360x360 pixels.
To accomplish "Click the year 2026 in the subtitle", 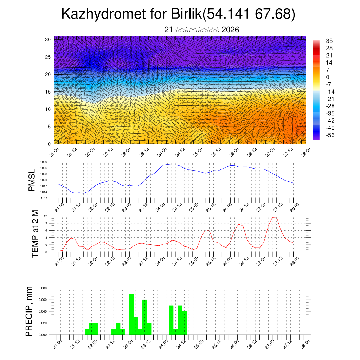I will [x=230, y=30].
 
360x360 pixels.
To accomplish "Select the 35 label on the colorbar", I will [x=329, y=41].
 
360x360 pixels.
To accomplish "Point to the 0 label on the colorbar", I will [x=328, y=77].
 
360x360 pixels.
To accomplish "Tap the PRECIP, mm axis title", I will [x=30, y=311].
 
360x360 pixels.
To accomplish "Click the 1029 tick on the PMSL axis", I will [x=44, y=162].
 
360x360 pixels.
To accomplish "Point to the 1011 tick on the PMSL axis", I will [x=44, y=198].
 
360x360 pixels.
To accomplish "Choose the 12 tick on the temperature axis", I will [x=46, y=216].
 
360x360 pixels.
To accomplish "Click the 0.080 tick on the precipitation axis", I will [x=43, y=288].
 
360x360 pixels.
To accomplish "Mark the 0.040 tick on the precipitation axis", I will [x=43, y=311].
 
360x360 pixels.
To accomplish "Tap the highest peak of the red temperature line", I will [x=275, y=217].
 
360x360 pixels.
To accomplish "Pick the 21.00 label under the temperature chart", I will [x=59, y=261].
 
